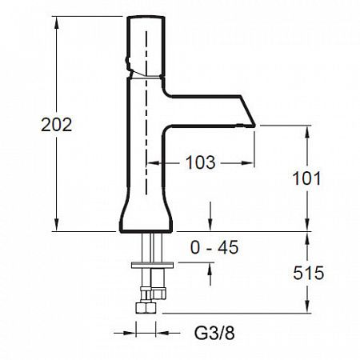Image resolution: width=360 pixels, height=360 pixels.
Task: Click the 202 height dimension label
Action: pyautogui.click(x=57, y=125)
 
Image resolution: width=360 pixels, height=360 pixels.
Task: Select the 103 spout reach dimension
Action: pyautogui.click(x=201, y=162)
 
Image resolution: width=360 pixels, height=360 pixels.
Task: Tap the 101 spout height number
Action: pyautogui.click(x=306, y=178)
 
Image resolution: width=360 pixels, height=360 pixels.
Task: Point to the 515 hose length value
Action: pyautogui.click(x=309, y=273)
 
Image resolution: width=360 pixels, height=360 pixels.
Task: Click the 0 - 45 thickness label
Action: pyautogui.click(x=214, y=247)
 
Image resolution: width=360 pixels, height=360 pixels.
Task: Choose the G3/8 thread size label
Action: pyautogui.click(x=214, y=333)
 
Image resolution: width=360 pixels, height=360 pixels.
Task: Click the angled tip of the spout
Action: pyautogui.click(x=254, y=125)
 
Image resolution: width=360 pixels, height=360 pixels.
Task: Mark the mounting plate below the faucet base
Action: pyautogui.click(x=152, y=266)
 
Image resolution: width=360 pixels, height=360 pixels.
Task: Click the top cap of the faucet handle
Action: pyautogui.click(x=146, y=18)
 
